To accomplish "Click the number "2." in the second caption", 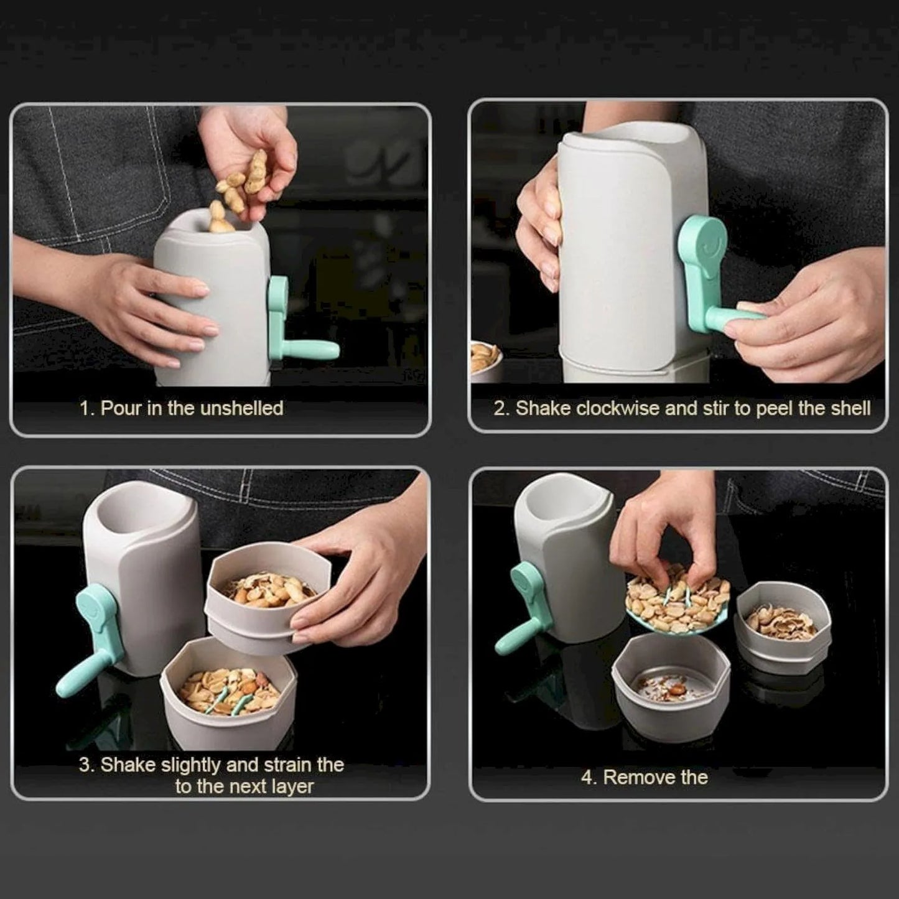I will click(501, 408).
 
